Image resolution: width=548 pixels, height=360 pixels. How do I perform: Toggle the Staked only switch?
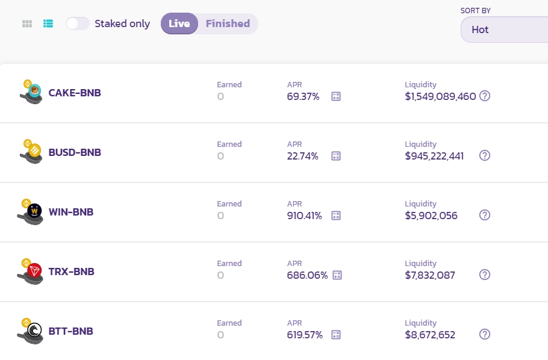coord(78,23)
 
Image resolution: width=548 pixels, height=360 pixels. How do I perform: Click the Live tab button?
coord(179,23)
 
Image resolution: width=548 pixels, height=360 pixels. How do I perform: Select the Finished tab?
coord(228,23)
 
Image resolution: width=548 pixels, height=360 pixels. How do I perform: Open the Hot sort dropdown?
coord(503,29)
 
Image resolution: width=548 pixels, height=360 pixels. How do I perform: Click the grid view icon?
coord(27,23)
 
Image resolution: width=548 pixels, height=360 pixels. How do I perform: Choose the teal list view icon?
coord(48,23)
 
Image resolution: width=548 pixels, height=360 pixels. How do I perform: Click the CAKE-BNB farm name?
coord(75,93)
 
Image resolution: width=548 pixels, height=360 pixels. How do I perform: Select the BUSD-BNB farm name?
coord(75,152)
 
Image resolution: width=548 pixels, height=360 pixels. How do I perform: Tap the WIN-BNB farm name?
coord(71,212)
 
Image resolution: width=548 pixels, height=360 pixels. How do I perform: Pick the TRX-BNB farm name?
coord(71,272)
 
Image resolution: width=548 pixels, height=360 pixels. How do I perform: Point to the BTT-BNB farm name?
coord(70,331)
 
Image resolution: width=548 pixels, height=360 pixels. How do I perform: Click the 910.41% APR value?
coord(304,216)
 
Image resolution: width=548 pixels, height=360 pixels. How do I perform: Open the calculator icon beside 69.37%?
coord(336,96)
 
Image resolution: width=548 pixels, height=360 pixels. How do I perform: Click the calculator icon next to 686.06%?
coord(337,275)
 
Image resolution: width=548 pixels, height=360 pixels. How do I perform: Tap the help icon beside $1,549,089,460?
coord(485,96)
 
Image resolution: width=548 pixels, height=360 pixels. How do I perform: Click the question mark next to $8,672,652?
coord(485,334)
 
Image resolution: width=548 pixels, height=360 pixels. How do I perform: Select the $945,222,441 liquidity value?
coord(434,156)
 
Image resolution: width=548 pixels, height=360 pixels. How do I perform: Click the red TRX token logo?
coord(35,272)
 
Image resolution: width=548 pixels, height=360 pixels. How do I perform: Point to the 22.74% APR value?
coord(302,156)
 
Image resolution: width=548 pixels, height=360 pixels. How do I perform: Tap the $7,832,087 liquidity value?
coord(430,275)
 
